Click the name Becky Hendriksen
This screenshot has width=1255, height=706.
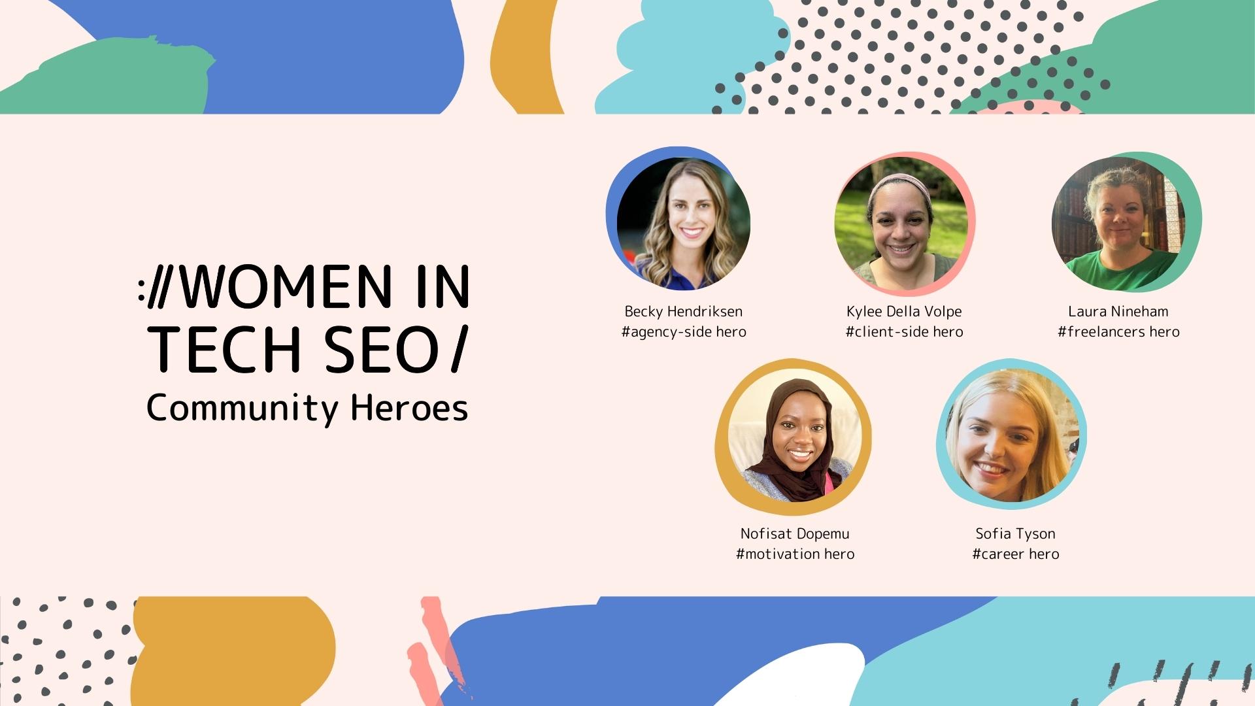tap(683, 311)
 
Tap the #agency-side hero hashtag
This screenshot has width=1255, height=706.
tap(684, 331)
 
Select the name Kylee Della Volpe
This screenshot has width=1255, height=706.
tap(904, 311)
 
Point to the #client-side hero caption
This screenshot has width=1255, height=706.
tap(904, 331)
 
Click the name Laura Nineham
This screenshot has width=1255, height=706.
tap(1118, 311)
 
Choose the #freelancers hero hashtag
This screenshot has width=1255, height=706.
tap(1118, 331)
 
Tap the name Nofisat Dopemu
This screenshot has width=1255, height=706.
tap(795, 533)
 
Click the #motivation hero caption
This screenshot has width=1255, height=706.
tap(795, 554)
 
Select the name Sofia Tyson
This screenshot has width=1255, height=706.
tap(1015, 533)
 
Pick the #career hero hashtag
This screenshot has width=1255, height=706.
tap(1015, 554)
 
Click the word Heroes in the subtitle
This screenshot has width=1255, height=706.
tap(409, 407)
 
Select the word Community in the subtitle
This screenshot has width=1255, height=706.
tap(243, 409)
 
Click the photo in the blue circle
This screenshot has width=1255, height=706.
tap(684, 224)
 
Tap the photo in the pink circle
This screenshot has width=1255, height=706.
tap(901, 223)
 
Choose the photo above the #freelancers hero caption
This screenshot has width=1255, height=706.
tap(1118, 224)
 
